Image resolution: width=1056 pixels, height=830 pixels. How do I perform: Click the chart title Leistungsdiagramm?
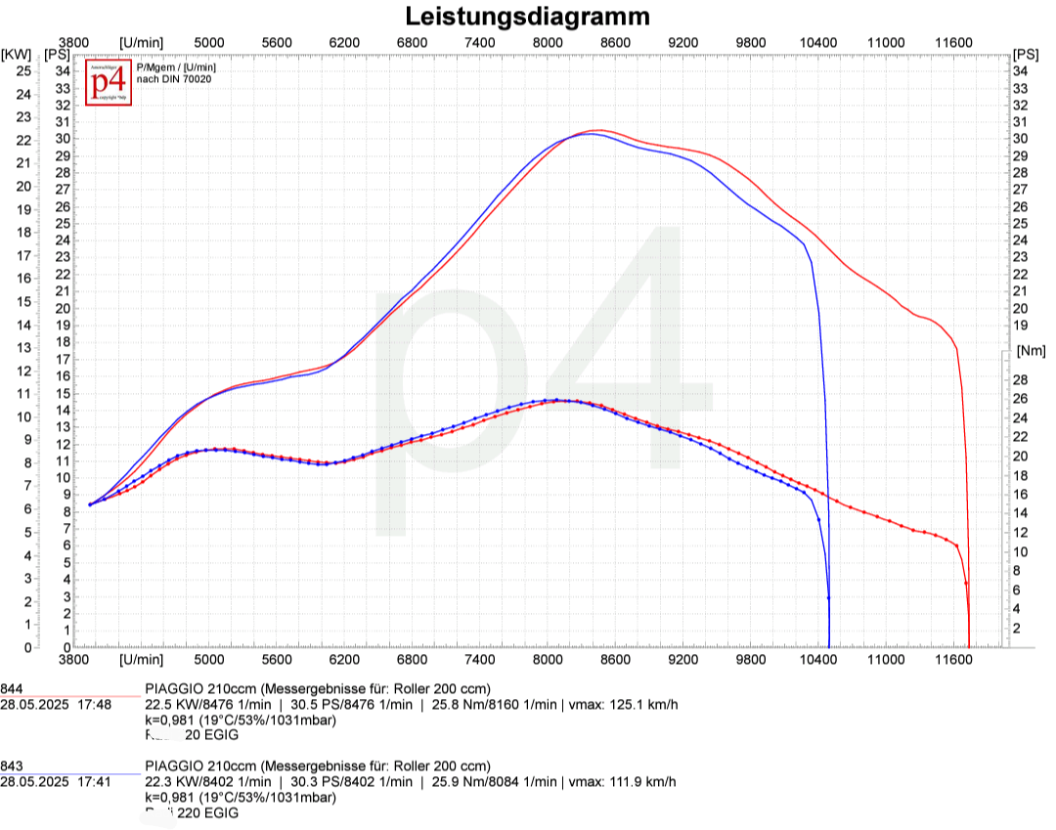click(528, 17)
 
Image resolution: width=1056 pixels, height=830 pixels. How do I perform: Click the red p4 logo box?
click(109, 83)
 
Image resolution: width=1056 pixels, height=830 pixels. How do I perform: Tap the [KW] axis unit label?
click(17, 54)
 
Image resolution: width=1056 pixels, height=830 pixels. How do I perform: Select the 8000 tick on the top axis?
click(548, 42)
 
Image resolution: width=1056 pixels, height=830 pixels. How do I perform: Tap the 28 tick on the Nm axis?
click(1020, 379)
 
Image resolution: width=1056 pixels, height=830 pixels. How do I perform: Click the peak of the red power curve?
click(597, 130)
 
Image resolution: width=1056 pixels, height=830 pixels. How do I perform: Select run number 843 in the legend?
click(12, 765)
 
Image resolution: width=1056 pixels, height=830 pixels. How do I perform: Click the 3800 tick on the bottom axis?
click(75, 661)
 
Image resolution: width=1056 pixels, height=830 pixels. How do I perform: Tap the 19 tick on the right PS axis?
click(1020, 326)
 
